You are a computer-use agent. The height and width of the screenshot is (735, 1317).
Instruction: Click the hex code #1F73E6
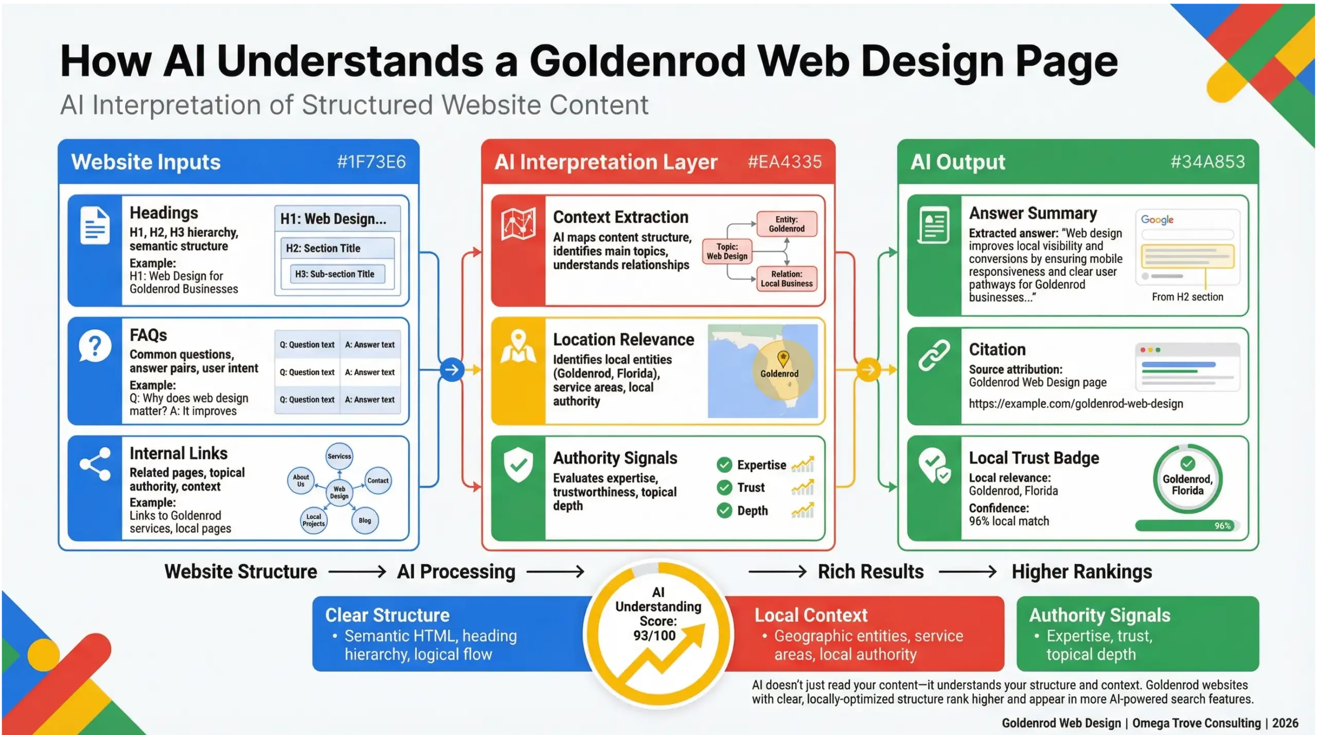[x=371, y=162]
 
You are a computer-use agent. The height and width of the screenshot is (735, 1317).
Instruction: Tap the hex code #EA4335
[x=784, y=162]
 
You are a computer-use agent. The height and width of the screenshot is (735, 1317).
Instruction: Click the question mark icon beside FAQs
[x=95, y=346]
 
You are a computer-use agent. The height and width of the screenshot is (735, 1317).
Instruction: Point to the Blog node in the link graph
[x=365, y=520]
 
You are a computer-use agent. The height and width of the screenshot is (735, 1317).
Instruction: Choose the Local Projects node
[x=313, y=520]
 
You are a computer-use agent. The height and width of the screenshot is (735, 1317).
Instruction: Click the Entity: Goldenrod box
[x=786, y=224]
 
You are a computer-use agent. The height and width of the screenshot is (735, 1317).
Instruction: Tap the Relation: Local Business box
[x=786, y=278]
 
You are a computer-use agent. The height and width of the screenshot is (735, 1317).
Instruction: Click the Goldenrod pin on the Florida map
[x=782, y=358]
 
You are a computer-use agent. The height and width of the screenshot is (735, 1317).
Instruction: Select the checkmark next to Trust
[x=724, y=487]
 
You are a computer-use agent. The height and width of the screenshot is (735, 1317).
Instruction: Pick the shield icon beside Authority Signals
[x=518, y=465]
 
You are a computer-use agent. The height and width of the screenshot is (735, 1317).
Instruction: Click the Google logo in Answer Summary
[x=1157, y=220]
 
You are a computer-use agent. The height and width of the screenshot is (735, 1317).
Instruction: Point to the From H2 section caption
[x=1187, y=297]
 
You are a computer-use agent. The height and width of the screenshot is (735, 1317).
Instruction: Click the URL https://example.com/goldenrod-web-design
[x=1075, y=404]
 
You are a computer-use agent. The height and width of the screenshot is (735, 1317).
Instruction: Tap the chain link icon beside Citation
[x=934, y=355]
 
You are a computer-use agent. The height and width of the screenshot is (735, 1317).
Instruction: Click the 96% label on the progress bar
[x=1222, y=526]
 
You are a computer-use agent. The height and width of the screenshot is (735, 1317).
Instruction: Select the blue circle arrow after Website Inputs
[x=452, y=370]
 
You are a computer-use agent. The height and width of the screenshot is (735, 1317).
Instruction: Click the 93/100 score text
[x=654, y=636]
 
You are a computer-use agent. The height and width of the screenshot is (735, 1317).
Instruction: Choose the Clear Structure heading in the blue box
[x=387, y=615]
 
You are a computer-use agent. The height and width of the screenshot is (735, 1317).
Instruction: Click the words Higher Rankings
[x=1081, y=572]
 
